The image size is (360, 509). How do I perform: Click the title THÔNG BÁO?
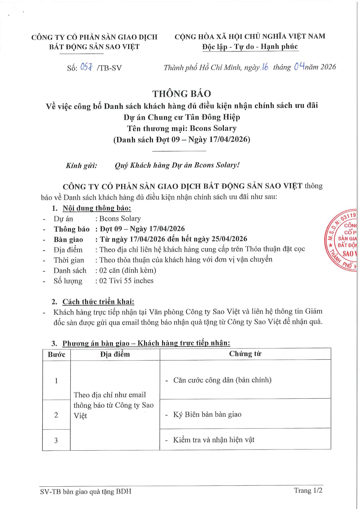(x=182, y=94)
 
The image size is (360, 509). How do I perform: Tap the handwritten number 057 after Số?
(x=86, y=67)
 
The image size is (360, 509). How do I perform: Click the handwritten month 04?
(x=299, y=67)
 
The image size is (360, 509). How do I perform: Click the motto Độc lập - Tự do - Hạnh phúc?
(x=250, y=47)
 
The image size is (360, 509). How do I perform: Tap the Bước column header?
(x=56, y=355)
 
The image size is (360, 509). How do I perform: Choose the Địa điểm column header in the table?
(x=115, y=354)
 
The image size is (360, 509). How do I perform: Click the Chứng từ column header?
(x=245, y=354)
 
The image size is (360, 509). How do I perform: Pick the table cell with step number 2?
(x=56, y=415)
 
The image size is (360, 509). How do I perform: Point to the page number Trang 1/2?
(x=308, y=490)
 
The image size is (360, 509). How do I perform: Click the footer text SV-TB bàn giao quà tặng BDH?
(x=86, y=491)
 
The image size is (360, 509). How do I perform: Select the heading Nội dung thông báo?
(x=97, y=208)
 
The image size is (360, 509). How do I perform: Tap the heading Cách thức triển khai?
(x=98, y=302)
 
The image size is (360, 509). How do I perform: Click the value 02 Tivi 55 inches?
(x=126, y=281)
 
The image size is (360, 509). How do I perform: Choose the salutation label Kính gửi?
(x=81, y=166)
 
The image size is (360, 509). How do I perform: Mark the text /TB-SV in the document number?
(x=109, y=68)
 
